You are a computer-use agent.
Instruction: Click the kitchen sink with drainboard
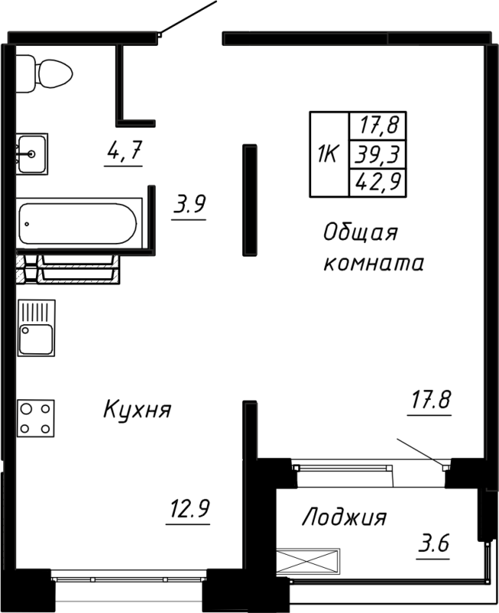36,327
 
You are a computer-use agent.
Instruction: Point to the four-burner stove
36,418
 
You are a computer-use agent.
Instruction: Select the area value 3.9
189,205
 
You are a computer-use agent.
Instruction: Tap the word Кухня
136,410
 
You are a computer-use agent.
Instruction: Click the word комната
373,264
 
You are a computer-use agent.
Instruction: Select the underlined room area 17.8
430,399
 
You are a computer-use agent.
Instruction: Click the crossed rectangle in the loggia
307,559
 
